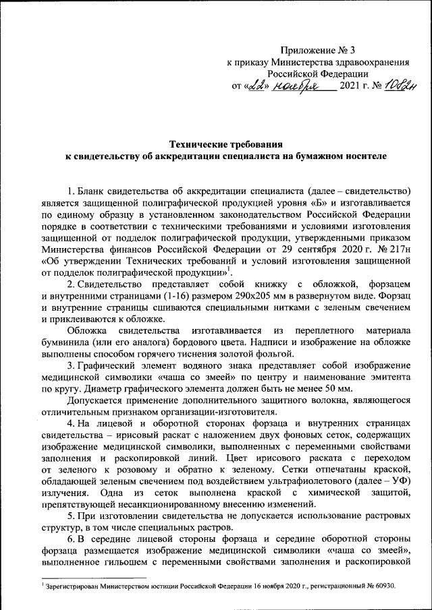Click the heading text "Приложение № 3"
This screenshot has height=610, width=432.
[x=317, y=51]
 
